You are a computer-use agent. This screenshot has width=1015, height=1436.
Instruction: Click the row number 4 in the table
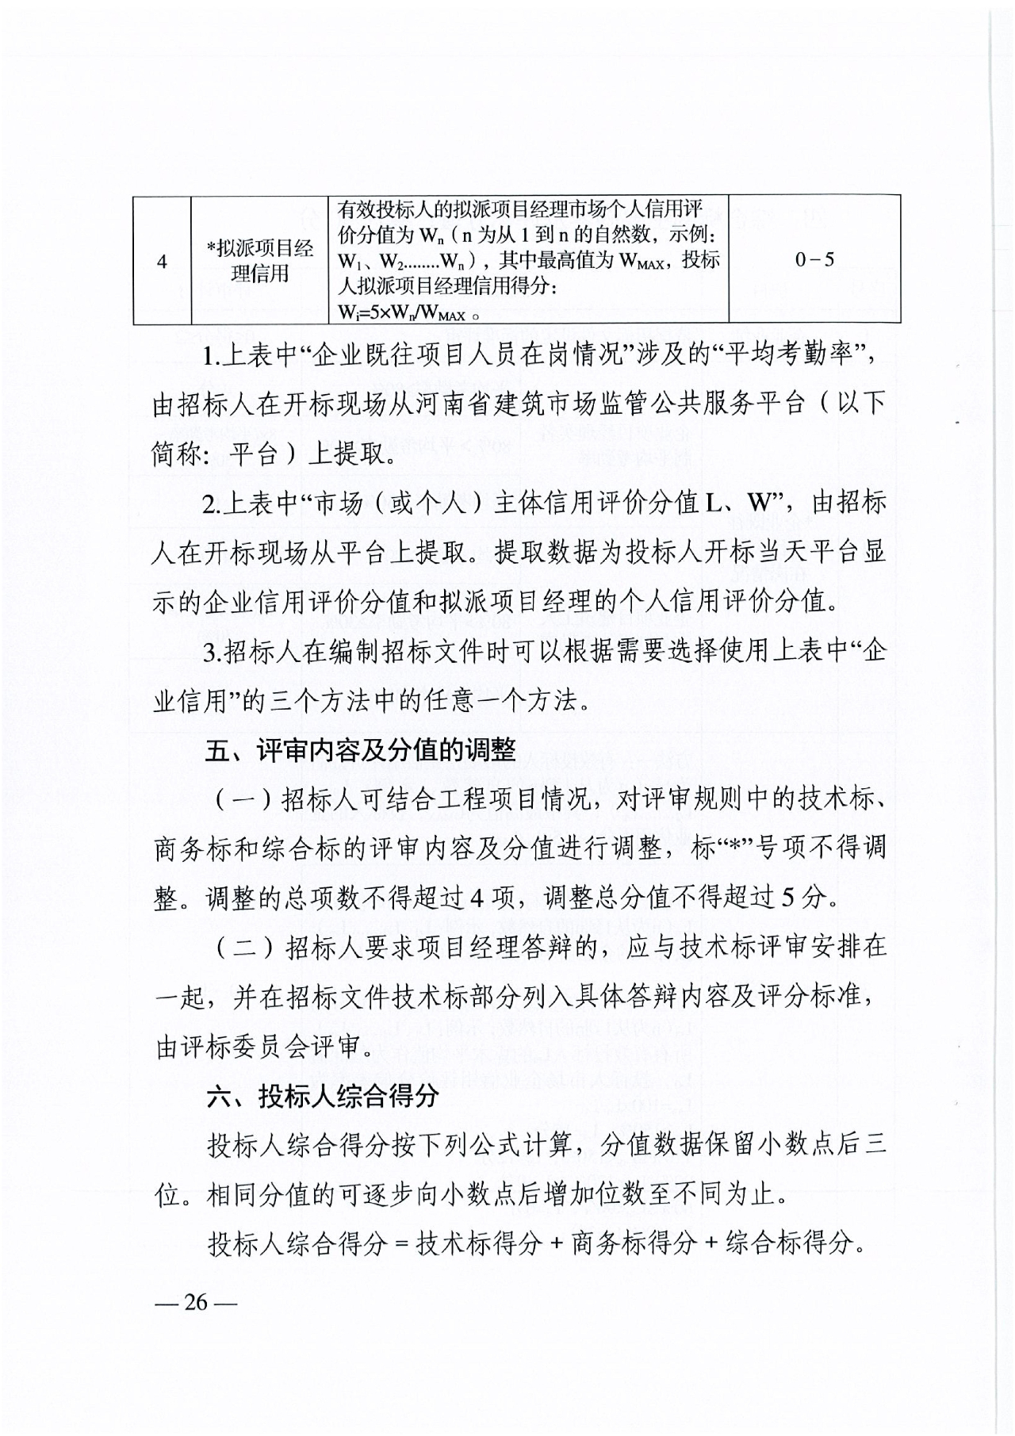click(162, 261)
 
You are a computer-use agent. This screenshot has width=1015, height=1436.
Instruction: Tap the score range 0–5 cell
click(814, 259)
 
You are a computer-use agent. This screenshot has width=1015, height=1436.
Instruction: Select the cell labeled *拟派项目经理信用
click(259, 261)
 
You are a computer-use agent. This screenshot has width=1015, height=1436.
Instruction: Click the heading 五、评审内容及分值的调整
click(360, 750)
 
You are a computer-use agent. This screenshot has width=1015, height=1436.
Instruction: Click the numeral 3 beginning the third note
click(210, 653)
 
